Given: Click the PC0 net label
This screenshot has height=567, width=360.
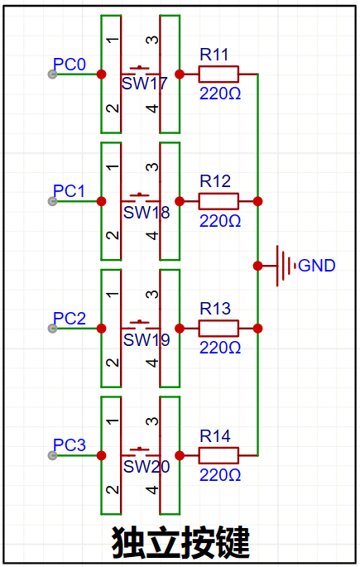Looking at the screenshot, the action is [x=70, y=65].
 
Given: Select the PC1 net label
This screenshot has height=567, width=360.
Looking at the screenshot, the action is [x=69, y=191].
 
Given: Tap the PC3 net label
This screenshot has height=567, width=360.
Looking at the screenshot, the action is [x=70, y=445].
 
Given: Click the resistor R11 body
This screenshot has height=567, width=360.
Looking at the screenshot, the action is [x=218, y=74].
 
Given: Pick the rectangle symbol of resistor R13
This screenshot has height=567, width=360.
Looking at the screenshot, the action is [x=218, y=329].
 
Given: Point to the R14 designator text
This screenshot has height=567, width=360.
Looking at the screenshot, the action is [x=215, y=436].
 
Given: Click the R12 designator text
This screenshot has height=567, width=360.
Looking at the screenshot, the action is [x=215, y=181].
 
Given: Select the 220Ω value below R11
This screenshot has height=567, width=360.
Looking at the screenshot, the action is [x=220, y=94].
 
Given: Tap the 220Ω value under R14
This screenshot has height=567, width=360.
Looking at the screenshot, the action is [x=220, y=475].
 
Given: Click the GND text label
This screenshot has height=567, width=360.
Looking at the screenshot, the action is [x=317, y=266].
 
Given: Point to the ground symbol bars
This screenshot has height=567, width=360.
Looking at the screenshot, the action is [x=286, y=266].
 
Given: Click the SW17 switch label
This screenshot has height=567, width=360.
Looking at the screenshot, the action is [x=145, y=84].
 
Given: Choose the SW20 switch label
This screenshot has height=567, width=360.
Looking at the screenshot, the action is [x=146, y=466].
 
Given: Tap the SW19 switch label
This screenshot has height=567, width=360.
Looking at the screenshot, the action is [x=146, y=339].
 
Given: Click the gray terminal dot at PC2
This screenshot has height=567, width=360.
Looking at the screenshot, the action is [x=52, y=329].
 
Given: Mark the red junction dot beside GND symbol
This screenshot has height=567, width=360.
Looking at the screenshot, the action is [x=257, y=266].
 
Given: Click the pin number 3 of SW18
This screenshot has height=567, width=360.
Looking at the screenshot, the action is [x=152, y=167].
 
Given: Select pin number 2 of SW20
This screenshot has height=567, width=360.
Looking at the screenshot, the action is [x=113, y=490].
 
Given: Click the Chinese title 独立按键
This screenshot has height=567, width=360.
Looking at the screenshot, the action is [x=180, y=542].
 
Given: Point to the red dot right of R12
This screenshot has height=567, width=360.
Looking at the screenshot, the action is [x=257, y=201].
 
